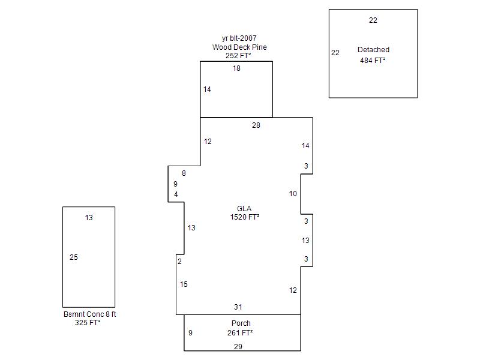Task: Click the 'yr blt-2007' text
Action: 239,38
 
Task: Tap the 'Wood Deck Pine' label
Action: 239,47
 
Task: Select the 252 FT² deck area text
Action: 238,56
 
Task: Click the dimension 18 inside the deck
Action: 236,68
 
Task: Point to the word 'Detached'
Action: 373,50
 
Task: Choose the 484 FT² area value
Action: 373,61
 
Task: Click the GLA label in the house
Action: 244,209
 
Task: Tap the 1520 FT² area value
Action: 245,217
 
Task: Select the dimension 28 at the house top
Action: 256,125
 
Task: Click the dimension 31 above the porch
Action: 238,307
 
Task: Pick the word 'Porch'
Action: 241,323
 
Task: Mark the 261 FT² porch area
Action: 240,332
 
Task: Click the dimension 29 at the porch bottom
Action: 238,347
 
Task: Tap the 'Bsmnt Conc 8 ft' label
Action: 89,314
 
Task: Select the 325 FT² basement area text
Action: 88,323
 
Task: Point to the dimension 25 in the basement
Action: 74,257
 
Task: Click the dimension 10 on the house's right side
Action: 293,194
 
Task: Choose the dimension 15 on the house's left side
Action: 184,284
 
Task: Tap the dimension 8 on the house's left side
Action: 184,173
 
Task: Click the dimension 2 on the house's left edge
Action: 179,262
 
